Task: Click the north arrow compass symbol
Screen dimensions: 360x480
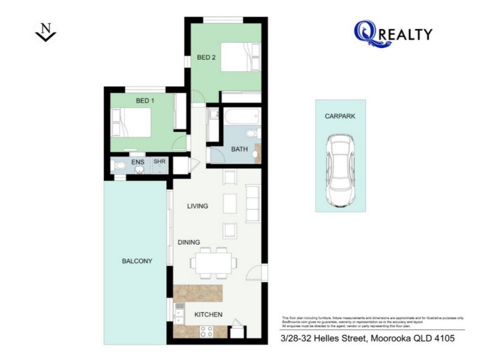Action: point(46,32)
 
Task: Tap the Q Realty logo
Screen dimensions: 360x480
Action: point(392,34)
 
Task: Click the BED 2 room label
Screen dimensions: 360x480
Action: point(206,58)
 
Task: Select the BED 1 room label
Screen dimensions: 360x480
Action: point(145,101)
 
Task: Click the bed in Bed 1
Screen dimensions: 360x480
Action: point(133,123)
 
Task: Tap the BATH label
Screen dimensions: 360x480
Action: point(239,149)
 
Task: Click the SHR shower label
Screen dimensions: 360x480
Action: point(159,162)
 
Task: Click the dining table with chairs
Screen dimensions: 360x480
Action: point(213,262)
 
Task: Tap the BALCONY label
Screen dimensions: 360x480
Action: point(137,261)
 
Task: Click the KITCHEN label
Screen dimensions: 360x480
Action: point(208,314)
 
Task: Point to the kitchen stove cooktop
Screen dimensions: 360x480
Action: point(206,331)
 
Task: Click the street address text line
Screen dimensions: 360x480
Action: point(367,338)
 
